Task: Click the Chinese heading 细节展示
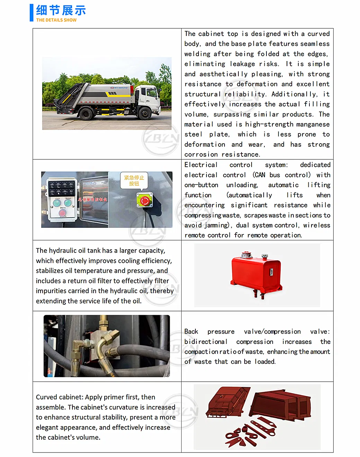[x=61, y=10]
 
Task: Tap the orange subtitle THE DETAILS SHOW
[x=56, y=20]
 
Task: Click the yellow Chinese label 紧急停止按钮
[x=134, y=180]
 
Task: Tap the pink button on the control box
[x=62, y=213]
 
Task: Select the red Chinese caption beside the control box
[x=93, y=199]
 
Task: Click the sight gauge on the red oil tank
[x=271, y=273]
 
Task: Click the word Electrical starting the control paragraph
[x=201, y=165]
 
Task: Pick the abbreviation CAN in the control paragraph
[x=260, y=175]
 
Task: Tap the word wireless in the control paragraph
[x=316, y=225]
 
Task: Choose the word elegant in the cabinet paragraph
[x=49, y=427]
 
